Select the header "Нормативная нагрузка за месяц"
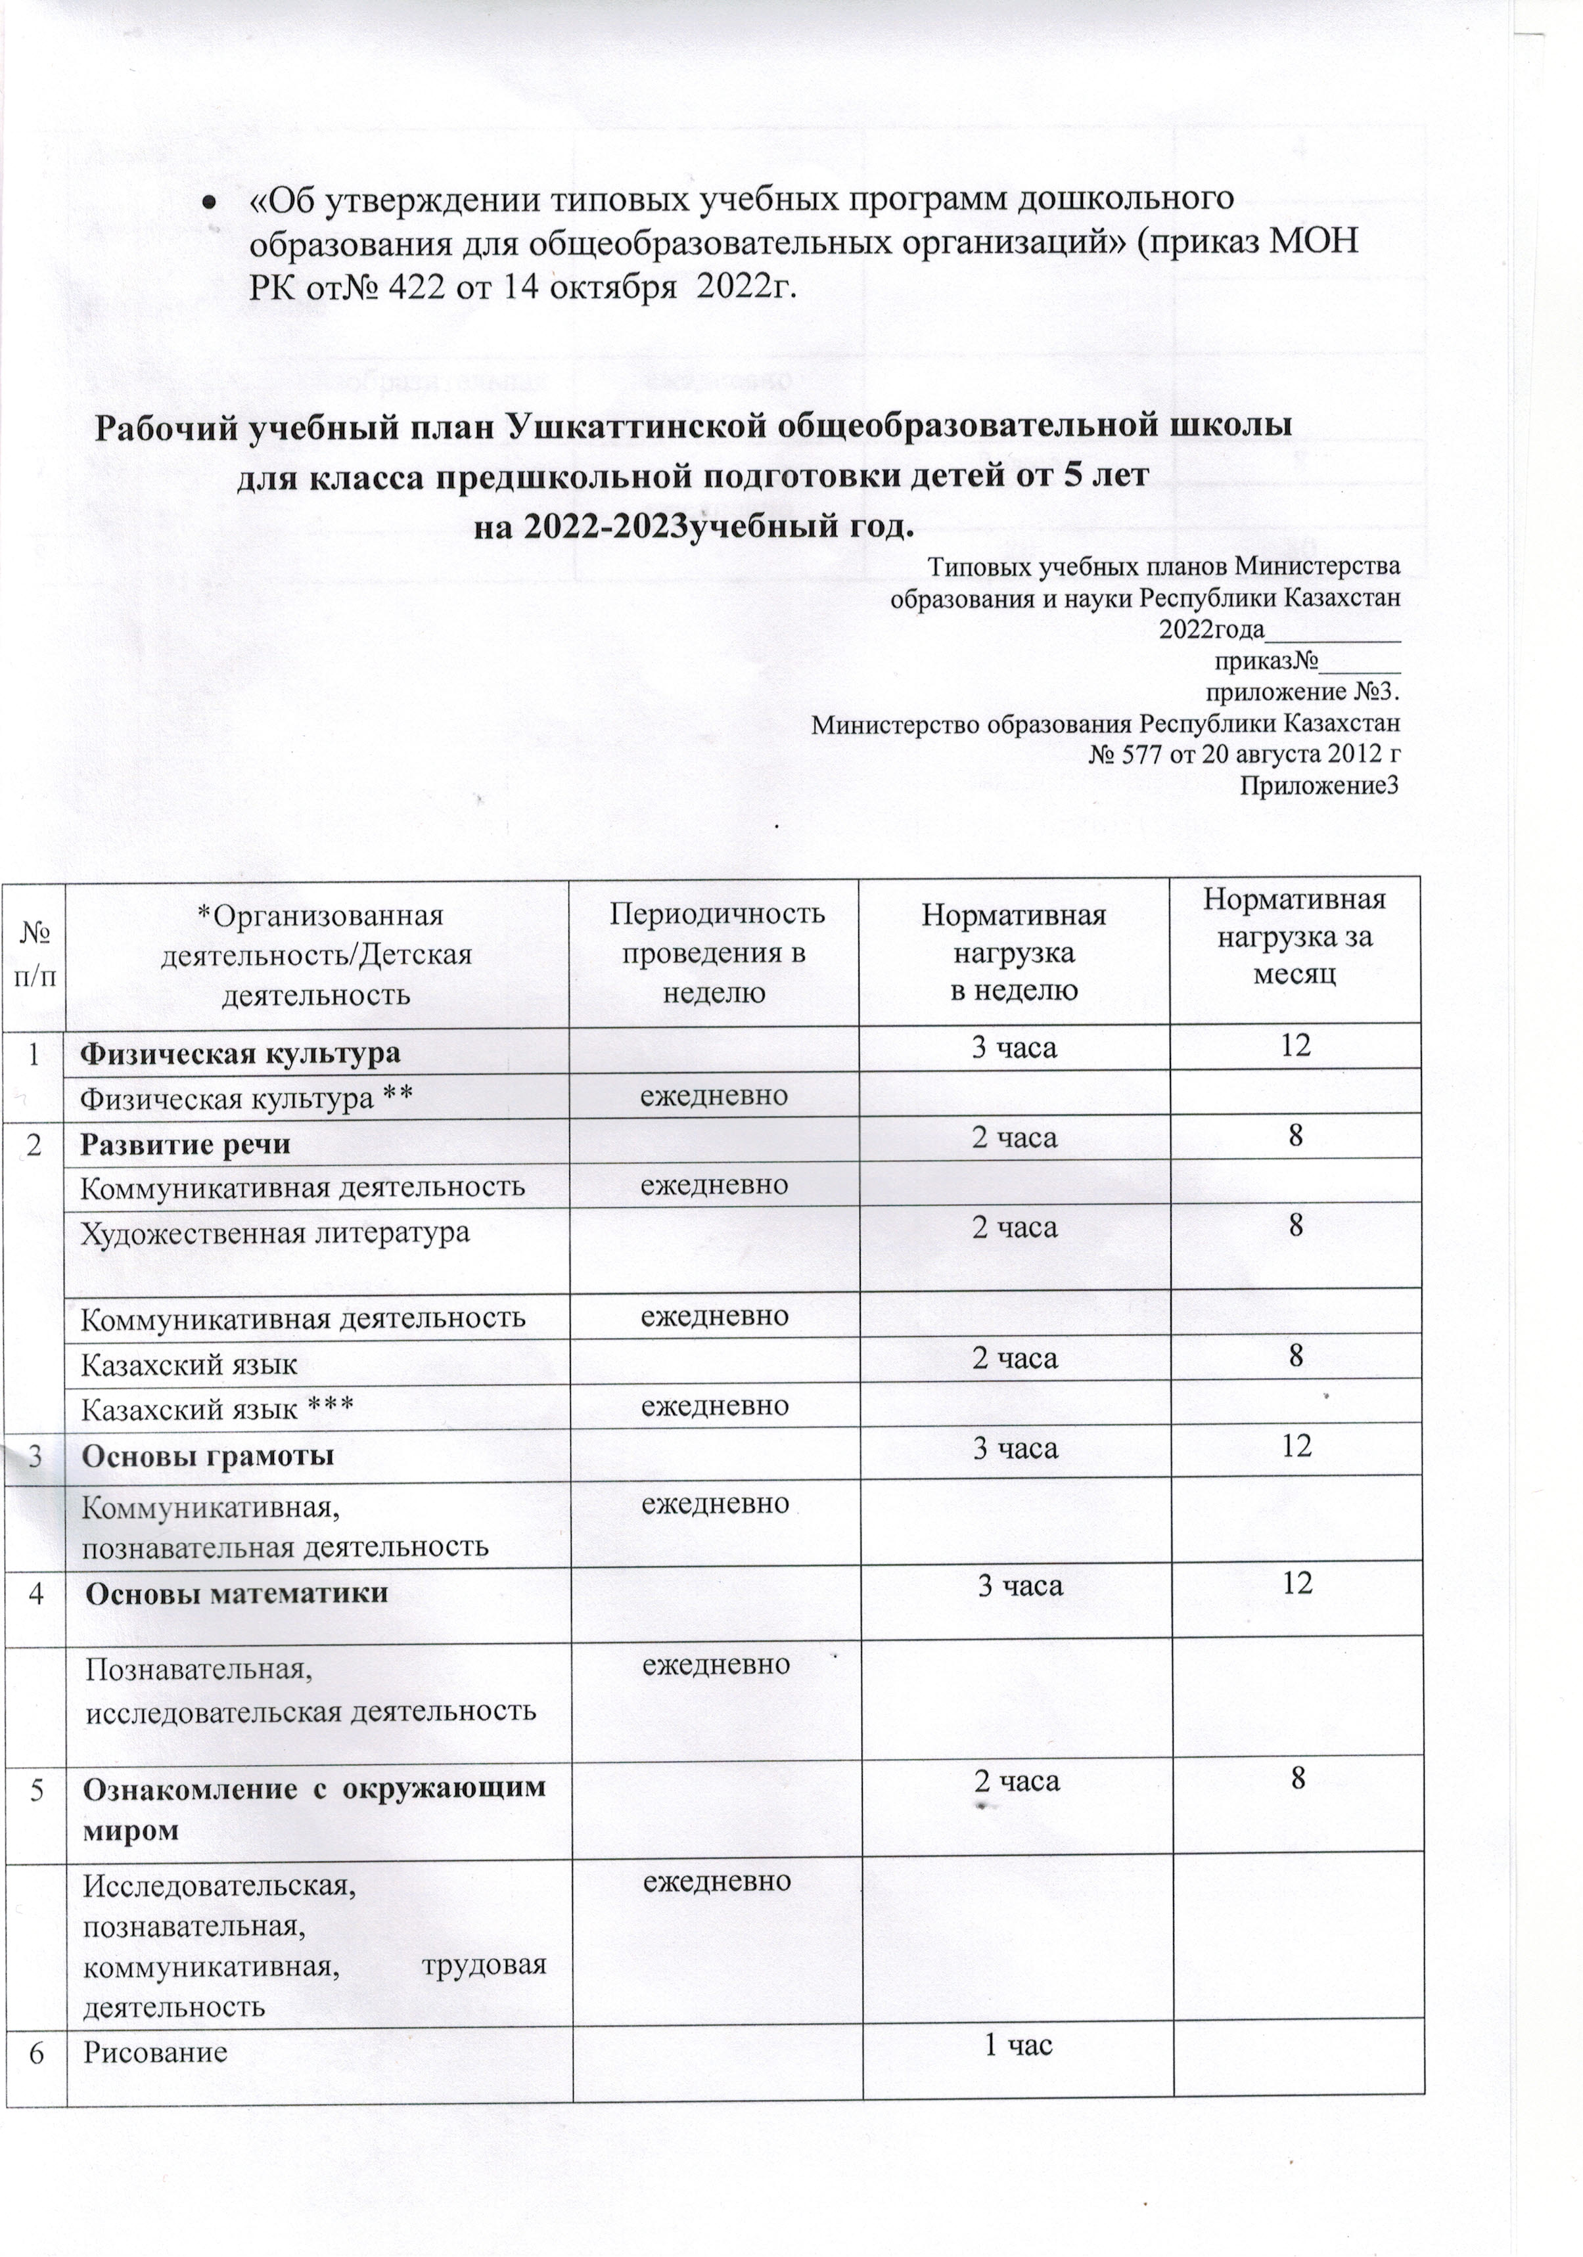point(1295,937)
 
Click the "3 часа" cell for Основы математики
point(1020,1584)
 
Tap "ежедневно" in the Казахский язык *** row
point(715,1406)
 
